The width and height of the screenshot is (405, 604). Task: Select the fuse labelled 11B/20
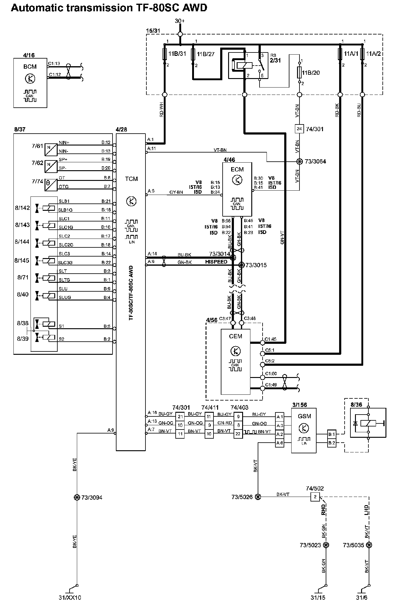click(x=299, y=72)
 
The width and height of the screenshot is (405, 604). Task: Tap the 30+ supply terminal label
click(x=180, y=21)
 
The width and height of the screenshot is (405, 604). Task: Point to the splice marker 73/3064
click(x=299, y=161)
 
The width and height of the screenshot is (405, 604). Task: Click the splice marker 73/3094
click(x=77, y=498)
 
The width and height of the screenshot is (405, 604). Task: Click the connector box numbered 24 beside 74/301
click(x=299, y=129)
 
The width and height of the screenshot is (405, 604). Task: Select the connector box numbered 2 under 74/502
click(x=315, y=497)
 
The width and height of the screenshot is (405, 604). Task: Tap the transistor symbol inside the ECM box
click(x=237, y=180)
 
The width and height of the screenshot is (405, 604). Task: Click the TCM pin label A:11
click(x=152, y=149)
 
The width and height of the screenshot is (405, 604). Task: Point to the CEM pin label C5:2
click(x=270, y=361)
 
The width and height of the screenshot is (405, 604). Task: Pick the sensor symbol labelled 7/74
click(x=51, y=185)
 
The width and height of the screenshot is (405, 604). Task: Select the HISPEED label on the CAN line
click(x=216, y=262)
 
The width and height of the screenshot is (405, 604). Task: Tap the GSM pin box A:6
click(x=279, y=443)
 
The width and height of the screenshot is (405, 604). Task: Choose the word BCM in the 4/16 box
click(x=30, y=67)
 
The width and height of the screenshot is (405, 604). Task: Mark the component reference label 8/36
click(x=356, y=404)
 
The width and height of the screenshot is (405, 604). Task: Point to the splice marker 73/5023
click(x=326, y=545)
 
